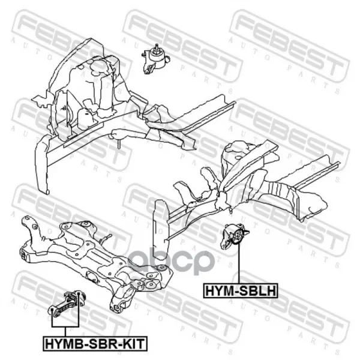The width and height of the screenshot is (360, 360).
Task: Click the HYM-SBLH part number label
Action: click(x=241, y=290)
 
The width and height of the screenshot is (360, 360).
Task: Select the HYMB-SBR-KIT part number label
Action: click(x=95, y=344)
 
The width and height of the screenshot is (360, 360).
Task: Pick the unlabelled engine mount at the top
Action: click(x=155, y=59)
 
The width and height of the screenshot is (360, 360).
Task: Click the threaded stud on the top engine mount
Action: click(x=157, y=47)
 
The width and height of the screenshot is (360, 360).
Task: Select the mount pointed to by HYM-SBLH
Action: click(x=234, y=236)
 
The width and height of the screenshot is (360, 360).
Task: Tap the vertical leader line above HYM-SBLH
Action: click(x=239, y=263)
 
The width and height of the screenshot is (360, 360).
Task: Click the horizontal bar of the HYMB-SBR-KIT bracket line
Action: click(x=65, y=326)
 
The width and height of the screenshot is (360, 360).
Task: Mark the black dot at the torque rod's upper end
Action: click(x=78, y=293)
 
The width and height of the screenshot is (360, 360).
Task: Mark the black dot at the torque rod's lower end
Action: click(x=52, y=310)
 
